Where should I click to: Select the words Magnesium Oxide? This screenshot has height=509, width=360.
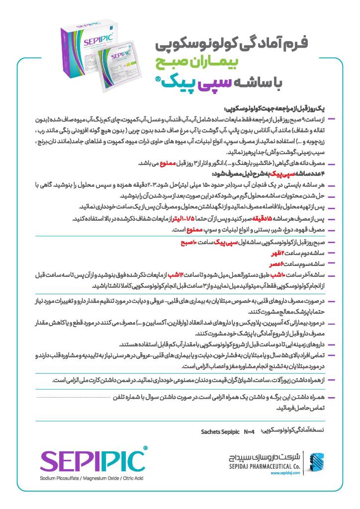pyautogui.click(x=97, y=478)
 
